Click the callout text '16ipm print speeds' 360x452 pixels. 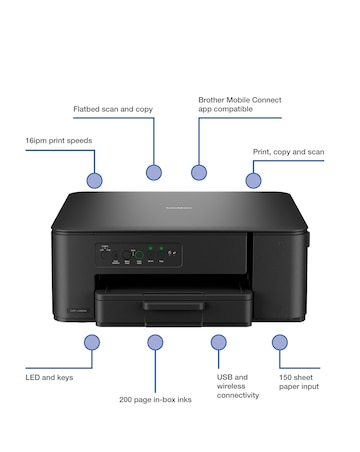coord(59,141)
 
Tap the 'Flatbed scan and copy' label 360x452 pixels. coord(113,108)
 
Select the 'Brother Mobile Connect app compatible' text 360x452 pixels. coord(239,103)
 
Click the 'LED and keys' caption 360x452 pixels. coord(49,377)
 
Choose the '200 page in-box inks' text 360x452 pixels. coord(155,399)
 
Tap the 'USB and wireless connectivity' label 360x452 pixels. coord(238,386)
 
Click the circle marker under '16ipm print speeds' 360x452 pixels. coord(94,181)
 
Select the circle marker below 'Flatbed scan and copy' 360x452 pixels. coord(154,172)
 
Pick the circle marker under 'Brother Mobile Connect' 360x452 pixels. coord(199,172)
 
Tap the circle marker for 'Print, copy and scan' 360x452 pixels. coord(253,181)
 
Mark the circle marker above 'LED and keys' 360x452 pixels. coord(92,342)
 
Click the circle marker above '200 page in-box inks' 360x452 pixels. coord(155,342)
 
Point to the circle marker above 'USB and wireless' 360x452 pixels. coord(219,342)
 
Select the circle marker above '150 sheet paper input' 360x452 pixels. coord(281,342)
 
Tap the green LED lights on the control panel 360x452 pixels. coord(155,247)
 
